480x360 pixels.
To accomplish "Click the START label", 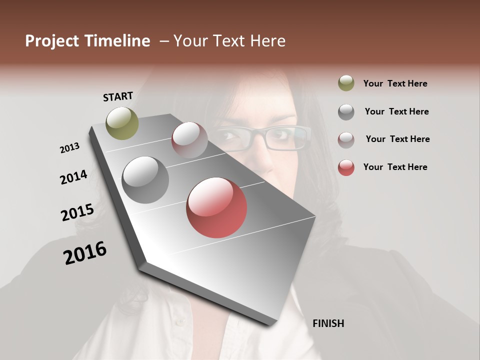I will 118,96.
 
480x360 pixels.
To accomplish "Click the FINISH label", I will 328,323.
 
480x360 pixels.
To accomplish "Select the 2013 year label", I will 69,147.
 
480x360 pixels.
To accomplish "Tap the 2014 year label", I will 73,177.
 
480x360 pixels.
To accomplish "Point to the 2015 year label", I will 77,212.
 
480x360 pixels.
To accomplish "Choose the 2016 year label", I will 85,253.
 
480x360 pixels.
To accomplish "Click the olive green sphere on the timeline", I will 122,123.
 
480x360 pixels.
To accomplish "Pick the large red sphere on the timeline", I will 216,207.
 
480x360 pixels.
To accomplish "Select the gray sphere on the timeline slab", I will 145,180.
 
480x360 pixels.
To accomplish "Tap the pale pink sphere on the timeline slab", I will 189,140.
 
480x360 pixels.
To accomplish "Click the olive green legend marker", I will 346,83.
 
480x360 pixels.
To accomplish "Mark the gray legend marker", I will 346,112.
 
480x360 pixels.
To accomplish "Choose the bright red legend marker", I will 346,167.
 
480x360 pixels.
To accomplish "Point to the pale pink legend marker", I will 346,139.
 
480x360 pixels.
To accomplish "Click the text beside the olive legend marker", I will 395,84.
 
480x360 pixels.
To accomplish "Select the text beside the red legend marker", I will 395,167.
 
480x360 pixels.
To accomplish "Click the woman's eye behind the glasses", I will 281,134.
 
